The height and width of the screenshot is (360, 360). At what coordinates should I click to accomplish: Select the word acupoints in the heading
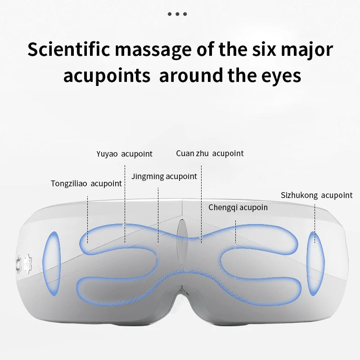pos(107,76)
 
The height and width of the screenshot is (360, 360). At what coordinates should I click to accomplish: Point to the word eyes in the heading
pos(279,76)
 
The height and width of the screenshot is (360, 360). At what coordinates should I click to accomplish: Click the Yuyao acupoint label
pos(124,154)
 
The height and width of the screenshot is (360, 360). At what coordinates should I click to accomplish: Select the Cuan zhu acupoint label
pos(210,153)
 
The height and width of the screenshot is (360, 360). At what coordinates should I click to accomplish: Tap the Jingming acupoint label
pos(164,176)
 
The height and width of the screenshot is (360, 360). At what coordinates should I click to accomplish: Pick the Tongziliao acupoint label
pos(86,184)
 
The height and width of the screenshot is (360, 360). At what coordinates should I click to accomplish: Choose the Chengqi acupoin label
pos(238,207)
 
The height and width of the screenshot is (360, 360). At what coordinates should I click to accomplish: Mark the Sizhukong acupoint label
pos(316,195)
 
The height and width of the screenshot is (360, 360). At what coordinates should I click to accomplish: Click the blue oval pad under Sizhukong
pos(315,263)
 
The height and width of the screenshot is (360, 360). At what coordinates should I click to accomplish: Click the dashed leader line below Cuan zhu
pos(201,202)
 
